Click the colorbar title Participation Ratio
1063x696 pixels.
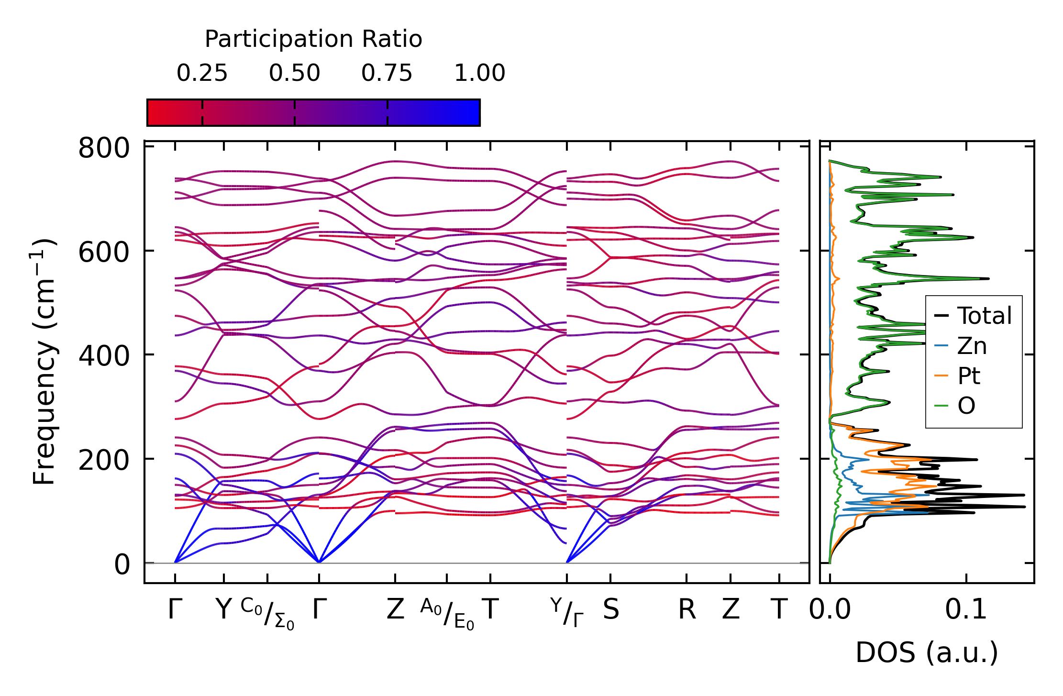[313, 39]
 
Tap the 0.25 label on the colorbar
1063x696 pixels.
[202, 74]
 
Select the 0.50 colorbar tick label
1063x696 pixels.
[294, 74]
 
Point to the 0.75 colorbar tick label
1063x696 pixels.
[387, 74]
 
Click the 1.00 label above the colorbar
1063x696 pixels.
[479, 74]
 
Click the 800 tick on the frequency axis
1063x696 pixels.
[104, 148]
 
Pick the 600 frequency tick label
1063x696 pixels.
[104, 252]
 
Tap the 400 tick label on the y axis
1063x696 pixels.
[104, 356]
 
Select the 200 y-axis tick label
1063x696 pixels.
[104, 461]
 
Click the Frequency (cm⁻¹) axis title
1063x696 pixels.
[44, 361]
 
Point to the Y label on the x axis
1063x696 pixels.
[223, 610]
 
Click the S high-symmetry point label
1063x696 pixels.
[611, 610]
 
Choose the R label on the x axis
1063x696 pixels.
[687, 610]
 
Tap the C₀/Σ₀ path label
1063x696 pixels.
[267, 613]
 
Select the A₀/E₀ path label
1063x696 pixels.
[447, 613]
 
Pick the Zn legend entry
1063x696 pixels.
[972, 346]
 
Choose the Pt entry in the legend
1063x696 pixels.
[969, 376]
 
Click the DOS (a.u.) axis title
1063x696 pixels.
[927, 653]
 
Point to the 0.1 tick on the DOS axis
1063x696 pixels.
[966, 610]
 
